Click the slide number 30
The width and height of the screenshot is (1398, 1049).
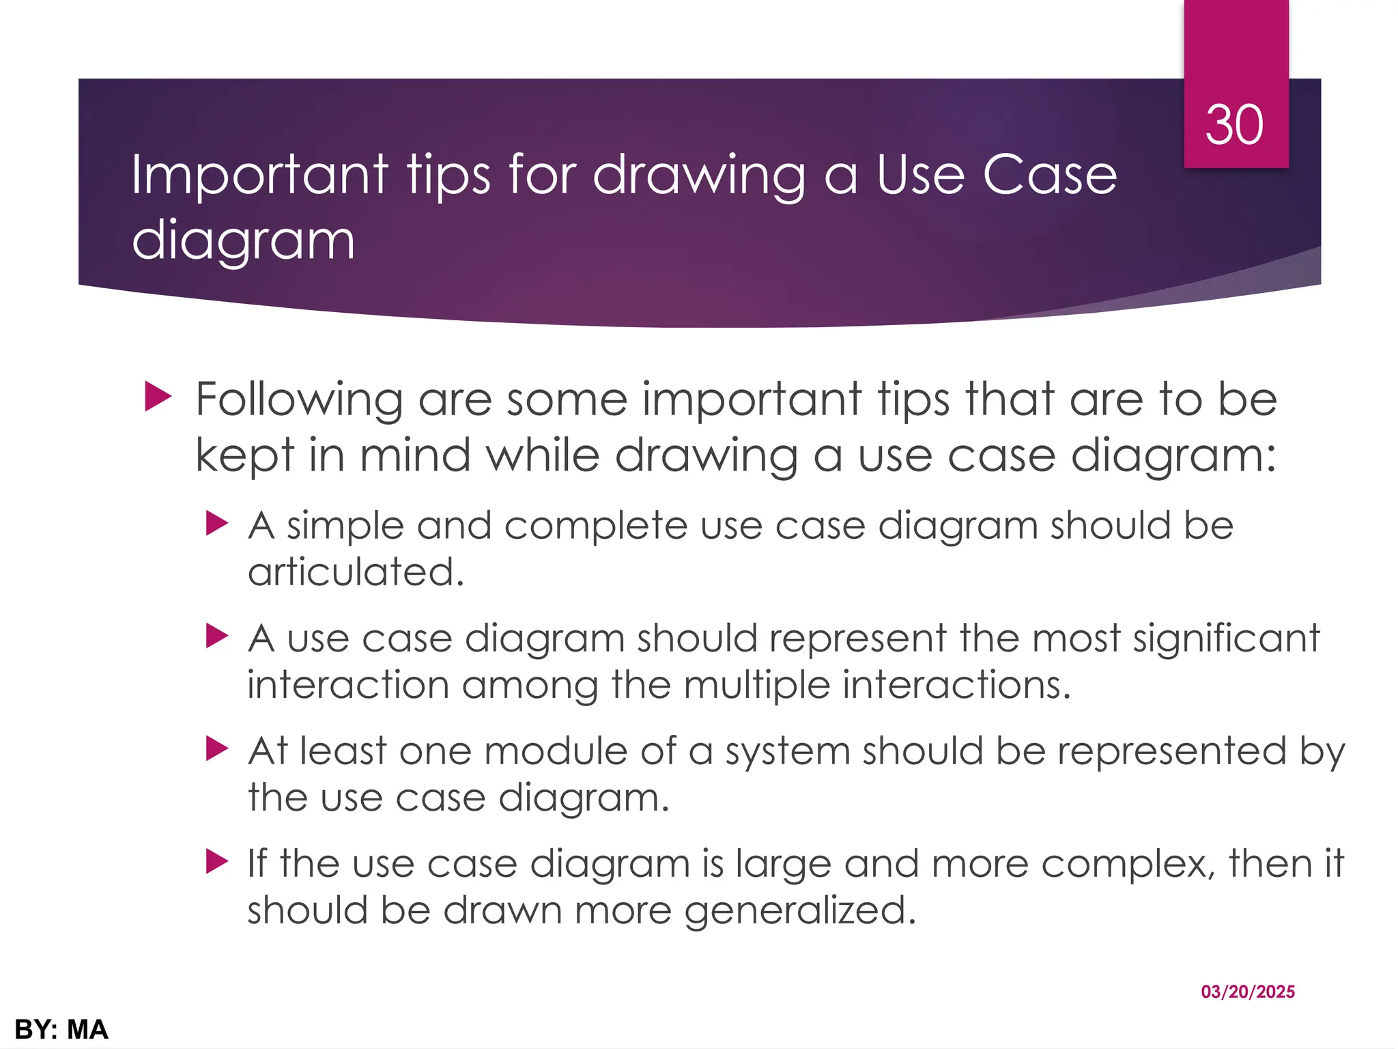(1234, 126)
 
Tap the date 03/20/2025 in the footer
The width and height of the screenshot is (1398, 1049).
(1248, 992)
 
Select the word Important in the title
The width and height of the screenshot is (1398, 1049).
(260, 176)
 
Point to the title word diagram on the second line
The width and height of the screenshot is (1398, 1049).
(243, 241)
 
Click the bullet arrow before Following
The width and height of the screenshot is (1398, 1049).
(158, 397)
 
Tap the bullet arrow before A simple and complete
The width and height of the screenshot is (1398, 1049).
(216, 524)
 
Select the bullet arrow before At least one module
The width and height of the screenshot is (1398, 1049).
(216, 749)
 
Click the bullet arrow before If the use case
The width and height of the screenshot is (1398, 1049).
(216, 862)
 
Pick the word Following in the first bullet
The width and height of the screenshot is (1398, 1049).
(299, 400)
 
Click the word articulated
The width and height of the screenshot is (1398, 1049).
(356, 572)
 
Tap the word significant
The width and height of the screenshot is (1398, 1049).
(1227, 639)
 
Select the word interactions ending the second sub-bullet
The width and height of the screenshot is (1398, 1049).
(956, 685)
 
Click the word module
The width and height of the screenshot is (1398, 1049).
(556, 751)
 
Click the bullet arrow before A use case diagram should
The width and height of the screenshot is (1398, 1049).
(216, 637)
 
